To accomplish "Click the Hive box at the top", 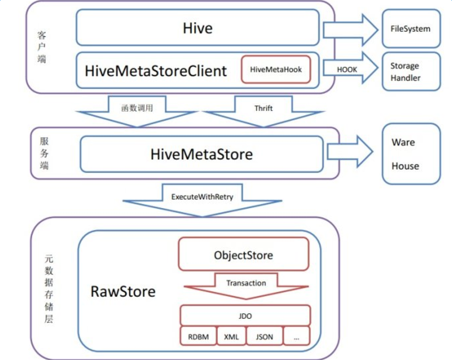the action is pos(198,28).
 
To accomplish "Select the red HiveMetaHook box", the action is pos(276,70).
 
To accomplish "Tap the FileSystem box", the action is pos(411,29).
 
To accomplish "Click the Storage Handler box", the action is pos(411,71).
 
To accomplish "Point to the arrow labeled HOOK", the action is pos(350,68).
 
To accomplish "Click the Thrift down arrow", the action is pos(264,112).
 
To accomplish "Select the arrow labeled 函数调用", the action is pos(137,112).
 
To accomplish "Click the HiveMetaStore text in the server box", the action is pos(201,154).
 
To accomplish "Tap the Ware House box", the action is pos(411,154).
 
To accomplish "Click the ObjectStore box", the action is pos(244,254).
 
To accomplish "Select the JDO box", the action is pos(245,316).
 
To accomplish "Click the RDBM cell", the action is pos(199,337).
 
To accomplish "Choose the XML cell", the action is pos(232,337).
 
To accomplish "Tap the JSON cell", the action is pos(265,337).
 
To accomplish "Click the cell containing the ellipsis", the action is pos(297,337).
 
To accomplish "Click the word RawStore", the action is pos(123,291).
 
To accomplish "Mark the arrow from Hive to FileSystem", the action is pos(350,30).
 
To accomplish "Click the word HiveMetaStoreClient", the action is pos(155,71).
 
